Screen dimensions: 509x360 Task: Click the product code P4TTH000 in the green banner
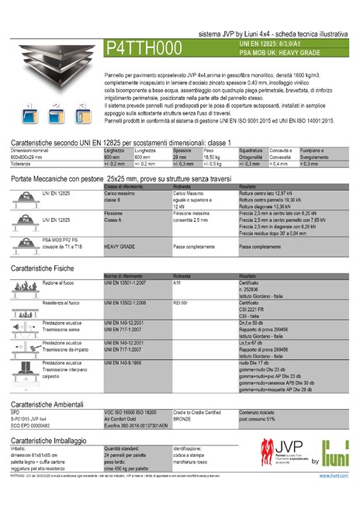(x=144, y=48)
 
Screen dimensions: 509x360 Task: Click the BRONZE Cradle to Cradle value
(x=182, y=419)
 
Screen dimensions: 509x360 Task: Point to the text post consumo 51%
(x=262, y=419)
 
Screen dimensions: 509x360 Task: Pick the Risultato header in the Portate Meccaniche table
(x=248, y=187)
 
